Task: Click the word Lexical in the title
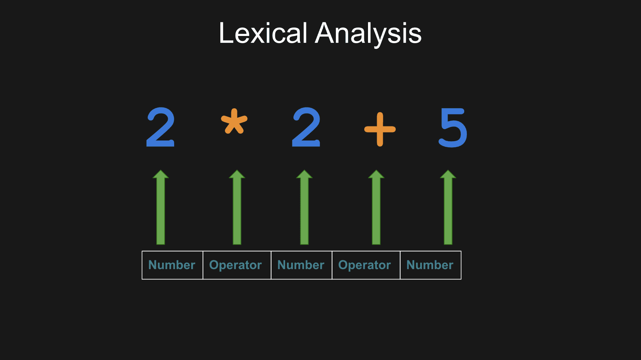[x=263, y=33]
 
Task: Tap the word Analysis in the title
[x=368, y=34]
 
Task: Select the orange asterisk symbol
[x=234, y=121]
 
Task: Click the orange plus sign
[x=380, y=129]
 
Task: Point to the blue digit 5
[x=453, y=128]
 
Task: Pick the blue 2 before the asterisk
[x=160, y=127]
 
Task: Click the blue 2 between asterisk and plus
[x=306, y=127]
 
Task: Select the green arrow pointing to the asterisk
[x=237, y=207]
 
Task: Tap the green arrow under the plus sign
[x=376, y=207]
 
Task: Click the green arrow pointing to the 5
[x=448, y=207]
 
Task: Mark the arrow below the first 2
[x=161, y=207]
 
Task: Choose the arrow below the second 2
[x=304, y=207]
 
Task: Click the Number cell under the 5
[x=430, y=265]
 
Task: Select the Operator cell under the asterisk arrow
[x=237, y=265]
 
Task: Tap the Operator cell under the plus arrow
[x=366, y=265]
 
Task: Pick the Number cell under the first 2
[x=172, y=265]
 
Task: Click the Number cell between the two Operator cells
[x=301, y=265]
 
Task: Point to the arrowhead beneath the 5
[x=448, y=174]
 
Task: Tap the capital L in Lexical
[x=227, y=33]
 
